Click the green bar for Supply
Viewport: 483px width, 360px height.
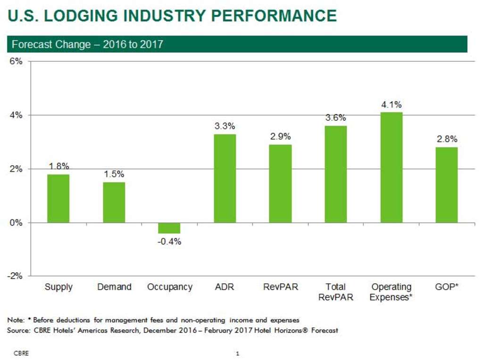coord(58,198)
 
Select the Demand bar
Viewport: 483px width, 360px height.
coord(114,202)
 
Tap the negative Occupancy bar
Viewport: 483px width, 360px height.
coord(169,228)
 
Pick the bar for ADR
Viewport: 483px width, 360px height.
coord(225,178)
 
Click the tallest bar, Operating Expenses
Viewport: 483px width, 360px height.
coord(391,167)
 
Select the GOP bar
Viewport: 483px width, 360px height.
coord(446,185)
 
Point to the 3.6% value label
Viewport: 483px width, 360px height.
coord(336,118)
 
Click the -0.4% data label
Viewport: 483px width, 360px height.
coord(169,242)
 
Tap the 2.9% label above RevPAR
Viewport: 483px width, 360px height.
coord(280,136)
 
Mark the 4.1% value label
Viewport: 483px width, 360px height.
coord(391,104)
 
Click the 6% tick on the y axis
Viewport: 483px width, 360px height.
coord(17,61)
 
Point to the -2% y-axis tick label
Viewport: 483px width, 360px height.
coord(15,276)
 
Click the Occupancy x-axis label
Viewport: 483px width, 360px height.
coord(169,287)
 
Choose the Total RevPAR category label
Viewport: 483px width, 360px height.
coord(335,292)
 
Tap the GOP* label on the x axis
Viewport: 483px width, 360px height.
coord(446,287)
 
